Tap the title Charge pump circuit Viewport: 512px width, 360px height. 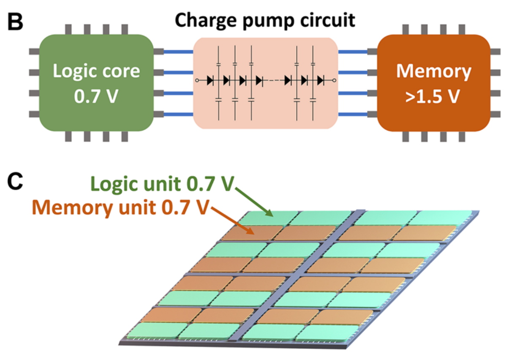click(265, 20)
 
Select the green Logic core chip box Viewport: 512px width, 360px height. click(96, 83)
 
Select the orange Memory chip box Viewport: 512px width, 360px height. click(433, 83)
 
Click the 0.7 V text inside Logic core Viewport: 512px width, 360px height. click(96, 96)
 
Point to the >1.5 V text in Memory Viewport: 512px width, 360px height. click(433, 96)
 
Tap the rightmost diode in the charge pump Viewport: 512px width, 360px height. click(321, 80)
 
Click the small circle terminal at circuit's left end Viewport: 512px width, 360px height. click(197, 80)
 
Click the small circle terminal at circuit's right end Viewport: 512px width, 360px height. click(334, 80)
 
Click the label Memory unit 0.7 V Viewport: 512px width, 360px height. click(120, 207)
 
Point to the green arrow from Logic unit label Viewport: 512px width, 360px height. click(253, 202)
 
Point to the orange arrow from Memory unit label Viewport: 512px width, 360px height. click(233, 219)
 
